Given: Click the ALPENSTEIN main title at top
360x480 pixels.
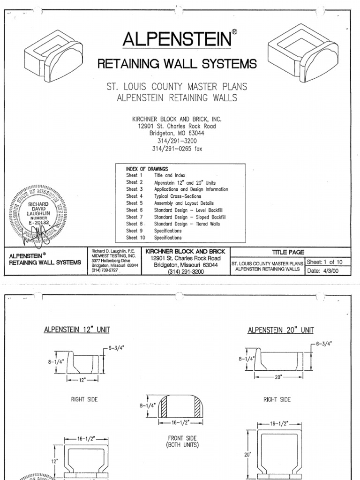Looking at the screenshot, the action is point(177,39).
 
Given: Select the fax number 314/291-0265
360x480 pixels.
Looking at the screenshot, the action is point(177,149).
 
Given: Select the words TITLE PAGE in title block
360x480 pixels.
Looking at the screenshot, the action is point(291,252).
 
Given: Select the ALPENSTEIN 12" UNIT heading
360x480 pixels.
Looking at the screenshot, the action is point(77,330).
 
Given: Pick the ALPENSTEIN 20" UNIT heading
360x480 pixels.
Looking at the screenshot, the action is point(280,330).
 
